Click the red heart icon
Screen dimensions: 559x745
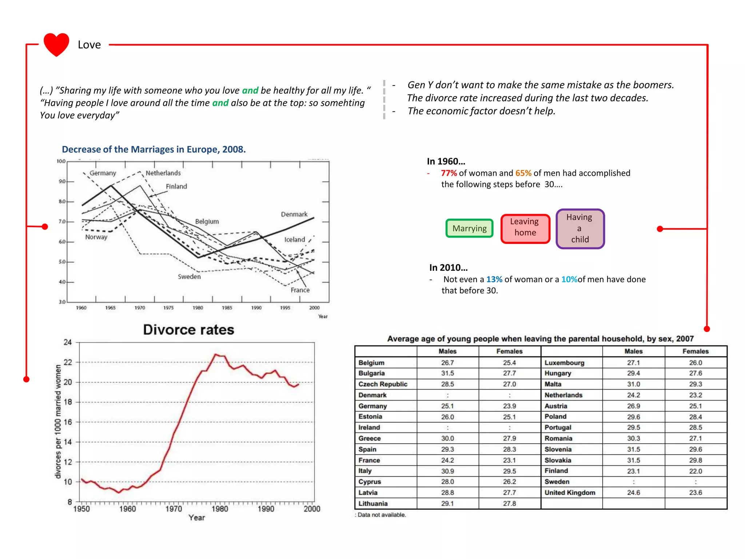56,44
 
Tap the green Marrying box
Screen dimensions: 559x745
469,228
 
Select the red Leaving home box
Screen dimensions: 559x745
525,228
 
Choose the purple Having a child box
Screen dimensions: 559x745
580,229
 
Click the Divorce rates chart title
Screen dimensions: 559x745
188,330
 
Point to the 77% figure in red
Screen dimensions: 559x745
449,173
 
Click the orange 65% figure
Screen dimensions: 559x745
523,173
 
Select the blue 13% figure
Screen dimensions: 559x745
494,279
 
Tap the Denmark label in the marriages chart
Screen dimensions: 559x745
294,214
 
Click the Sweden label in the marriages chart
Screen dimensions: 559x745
189,277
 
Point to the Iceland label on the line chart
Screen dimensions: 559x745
294,239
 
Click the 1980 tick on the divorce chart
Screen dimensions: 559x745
220,509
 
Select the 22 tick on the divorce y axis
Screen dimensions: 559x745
68,362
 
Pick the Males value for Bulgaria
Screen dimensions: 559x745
447,373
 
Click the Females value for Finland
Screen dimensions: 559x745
695,471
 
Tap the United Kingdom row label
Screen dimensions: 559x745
570,493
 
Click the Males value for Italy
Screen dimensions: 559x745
447,471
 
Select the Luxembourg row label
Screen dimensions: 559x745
564,363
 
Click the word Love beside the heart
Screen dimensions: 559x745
89,45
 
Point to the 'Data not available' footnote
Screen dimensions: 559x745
381,515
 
